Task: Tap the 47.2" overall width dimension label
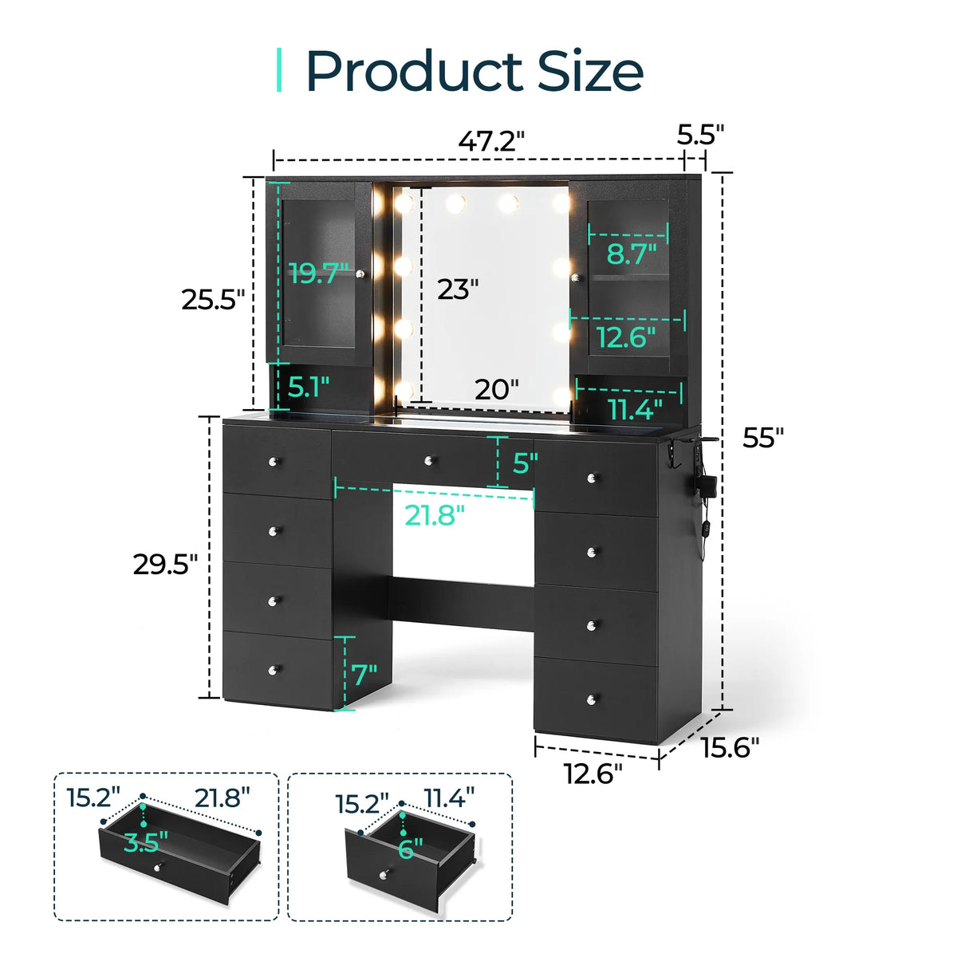point(491,141)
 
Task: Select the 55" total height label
point(763,438)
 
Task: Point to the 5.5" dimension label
point(700,134)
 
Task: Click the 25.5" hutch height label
point(213,300)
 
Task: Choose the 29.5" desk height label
point(165,565)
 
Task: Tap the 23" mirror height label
point(458,289)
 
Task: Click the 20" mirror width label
point(497,389)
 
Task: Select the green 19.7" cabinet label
point(320,273)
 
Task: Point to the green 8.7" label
point(632,254)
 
